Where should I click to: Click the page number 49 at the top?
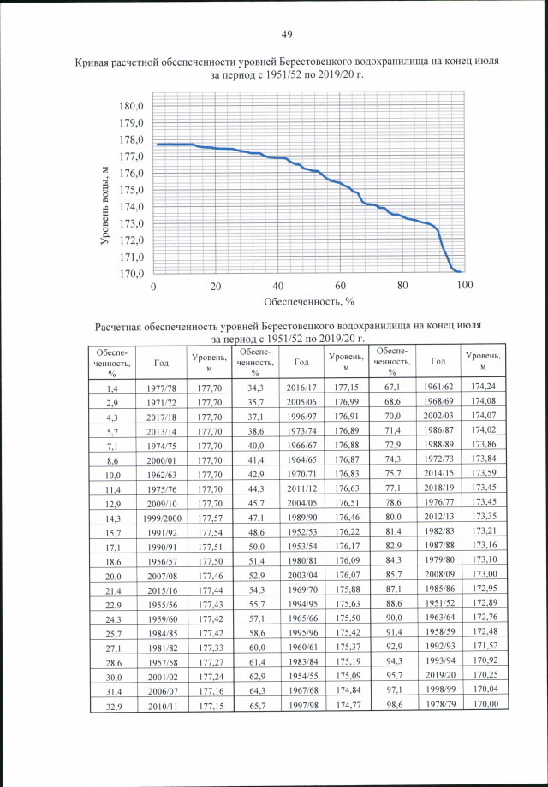click(x=287, y=34)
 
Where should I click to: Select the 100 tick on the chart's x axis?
click(x=465, y=286)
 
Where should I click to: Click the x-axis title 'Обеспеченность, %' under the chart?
click(x=308, y=301)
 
